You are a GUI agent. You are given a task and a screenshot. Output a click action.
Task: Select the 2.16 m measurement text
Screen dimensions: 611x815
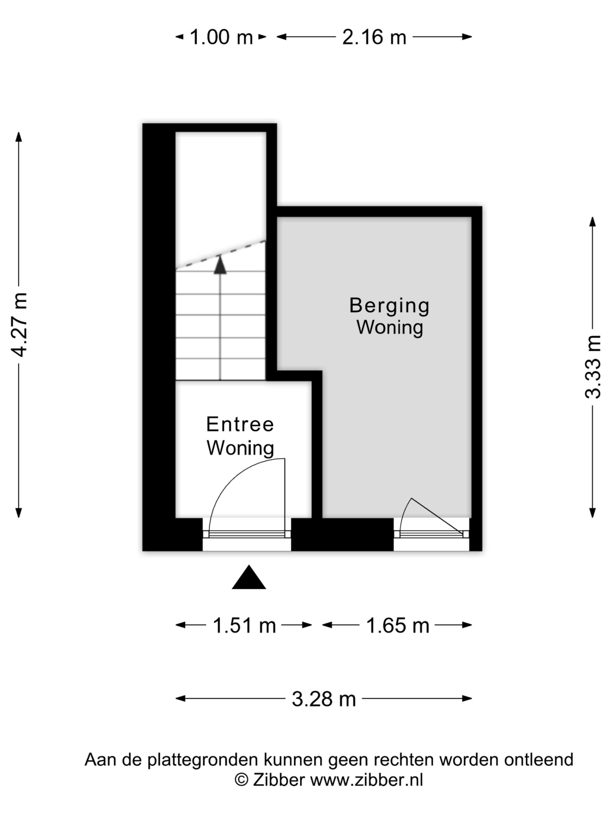click(374, 37)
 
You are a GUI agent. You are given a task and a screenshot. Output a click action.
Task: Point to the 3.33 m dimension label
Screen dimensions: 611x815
click(593, 367)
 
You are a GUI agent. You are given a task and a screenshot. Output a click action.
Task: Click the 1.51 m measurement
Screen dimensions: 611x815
click(244, 626)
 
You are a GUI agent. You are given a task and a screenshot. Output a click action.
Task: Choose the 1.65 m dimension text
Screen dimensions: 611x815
click(398, 626)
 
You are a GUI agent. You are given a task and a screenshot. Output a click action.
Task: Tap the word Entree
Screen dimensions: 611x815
click(240, 424)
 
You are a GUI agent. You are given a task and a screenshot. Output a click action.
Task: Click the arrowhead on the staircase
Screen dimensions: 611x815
click(220, 265)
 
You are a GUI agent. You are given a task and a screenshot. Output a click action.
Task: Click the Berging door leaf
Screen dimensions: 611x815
click(437, 516)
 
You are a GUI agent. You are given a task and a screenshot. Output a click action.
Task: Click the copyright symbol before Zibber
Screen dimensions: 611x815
click(242, 780)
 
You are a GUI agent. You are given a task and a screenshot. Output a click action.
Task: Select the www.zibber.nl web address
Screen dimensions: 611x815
click(367, 780)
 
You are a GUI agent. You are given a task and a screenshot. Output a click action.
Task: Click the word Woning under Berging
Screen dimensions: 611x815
click(390, 328)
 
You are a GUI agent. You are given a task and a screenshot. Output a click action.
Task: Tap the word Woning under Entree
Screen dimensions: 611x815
click(240, 448)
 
